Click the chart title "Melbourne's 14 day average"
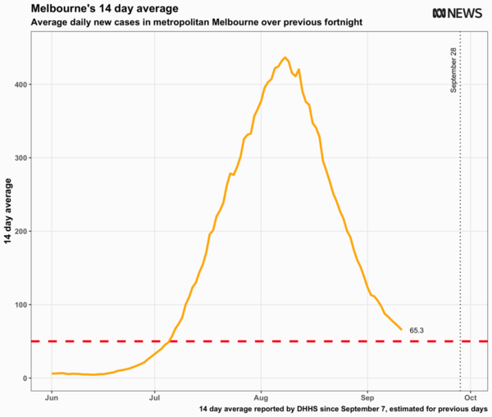point(93,8)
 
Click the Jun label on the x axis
point(52,397)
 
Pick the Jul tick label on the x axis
point(155,397)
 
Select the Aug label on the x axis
point(261,397)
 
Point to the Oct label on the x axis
point(471,397)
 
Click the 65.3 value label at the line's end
point(417,330)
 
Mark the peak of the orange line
point(285,57)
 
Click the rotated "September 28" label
point(453,70)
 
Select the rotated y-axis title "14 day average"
point(8,208)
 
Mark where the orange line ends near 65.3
point(402,330)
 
